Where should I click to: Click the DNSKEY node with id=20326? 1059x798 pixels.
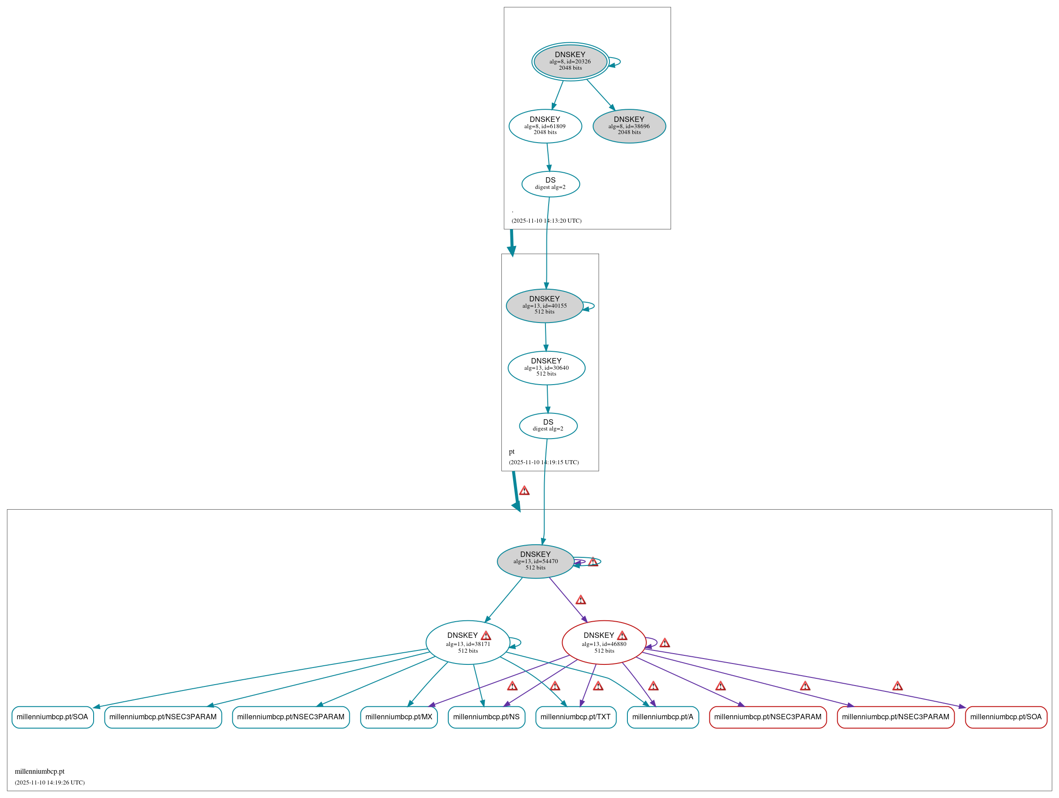tap(570, 61)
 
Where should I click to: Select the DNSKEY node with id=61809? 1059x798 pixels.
tap(545, 126)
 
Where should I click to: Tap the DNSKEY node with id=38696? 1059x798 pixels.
tap(629, 126)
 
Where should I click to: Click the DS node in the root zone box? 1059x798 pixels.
tap(550, 184)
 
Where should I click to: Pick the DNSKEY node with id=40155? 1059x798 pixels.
tap(544, 305)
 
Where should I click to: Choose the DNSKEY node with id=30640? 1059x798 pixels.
tap(546, 368)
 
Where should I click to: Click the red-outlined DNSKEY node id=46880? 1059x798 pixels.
tap(603, 642)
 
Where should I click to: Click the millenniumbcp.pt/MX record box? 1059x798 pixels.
tap(398, 717)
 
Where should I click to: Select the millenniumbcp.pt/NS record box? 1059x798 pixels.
tap(486, 717)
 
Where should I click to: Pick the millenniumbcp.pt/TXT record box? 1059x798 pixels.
tap(575, 717)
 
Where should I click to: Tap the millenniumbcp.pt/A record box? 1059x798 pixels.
tap(662, 717)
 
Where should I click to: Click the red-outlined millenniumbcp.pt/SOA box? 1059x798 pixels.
tap(1005, 717)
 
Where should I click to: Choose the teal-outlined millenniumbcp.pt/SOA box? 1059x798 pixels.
tap(52, 717)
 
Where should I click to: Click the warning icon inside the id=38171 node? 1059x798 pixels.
tap(486, 635)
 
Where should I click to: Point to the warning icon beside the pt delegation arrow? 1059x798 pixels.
tap(524, 490)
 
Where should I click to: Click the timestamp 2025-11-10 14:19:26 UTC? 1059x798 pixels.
tap(50, 782)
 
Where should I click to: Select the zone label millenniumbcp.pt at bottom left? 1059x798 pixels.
tap(39, 771)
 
